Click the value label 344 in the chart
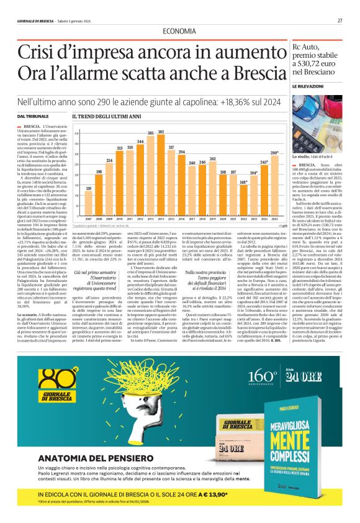pos(140,142)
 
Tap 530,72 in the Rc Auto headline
pos(313,63)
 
